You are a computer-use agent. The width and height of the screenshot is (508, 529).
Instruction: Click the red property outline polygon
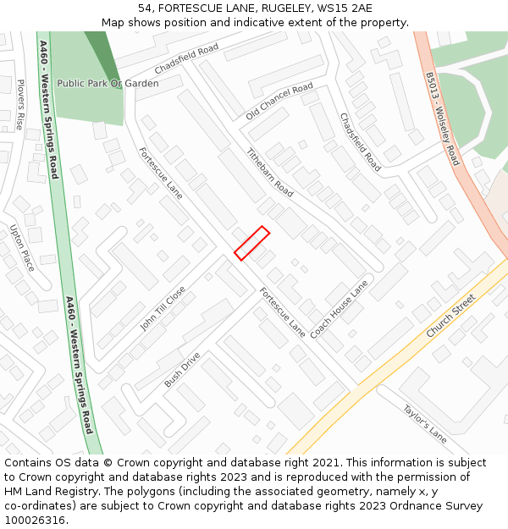(x=252, y=243)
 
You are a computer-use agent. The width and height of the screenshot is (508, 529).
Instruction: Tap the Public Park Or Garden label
(x=108, y=84)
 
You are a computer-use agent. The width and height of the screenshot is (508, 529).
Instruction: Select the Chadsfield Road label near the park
(x=186, y=58)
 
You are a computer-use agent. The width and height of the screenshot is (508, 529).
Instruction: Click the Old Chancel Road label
(x=279, y=101)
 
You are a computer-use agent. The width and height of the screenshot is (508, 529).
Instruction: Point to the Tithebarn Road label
(x=269, y=173)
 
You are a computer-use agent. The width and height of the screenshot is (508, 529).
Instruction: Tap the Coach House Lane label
(x=339, y=309)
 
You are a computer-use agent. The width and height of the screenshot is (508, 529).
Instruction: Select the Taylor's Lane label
(x=424, y=423)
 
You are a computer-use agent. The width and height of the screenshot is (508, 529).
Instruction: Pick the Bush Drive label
(x=182, y=370)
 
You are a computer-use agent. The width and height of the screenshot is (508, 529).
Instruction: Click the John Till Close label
(x=163, y=307)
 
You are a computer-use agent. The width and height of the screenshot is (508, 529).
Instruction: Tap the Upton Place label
(x=23, y=247)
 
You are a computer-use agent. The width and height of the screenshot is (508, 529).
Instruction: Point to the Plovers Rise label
(x=20, y=104)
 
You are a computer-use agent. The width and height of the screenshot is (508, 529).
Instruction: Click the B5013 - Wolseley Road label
(x=442, y=118)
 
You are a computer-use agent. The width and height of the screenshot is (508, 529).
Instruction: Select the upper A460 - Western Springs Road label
(x=48, y=109)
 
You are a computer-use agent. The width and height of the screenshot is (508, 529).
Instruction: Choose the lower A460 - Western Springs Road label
(x=78, y=364)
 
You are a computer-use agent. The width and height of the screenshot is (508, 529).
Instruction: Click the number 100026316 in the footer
(x=35, y=520)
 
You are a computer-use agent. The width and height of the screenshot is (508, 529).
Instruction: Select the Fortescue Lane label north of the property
(x=160, y=173)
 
